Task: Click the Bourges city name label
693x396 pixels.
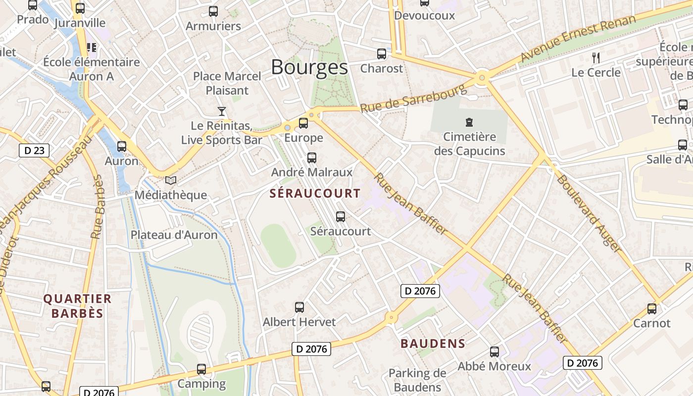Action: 309,67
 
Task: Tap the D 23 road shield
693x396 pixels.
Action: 34,150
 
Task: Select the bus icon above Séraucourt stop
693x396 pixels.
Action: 341,217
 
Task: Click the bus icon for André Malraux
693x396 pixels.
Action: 312,158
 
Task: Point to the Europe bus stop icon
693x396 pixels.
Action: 303,123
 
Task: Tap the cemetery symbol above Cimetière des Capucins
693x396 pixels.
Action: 469,122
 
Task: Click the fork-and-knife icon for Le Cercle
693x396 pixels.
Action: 596,58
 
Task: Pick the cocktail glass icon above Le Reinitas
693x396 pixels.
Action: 222,111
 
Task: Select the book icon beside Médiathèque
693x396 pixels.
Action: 171,181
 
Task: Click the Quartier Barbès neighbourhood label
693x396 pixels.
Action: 77,306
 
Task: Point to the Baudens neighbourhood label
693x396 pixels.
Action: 433,344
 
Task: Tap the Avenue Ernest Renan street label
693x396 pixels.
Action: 578,39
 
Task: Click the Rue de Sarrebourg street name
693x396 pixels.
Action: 413,98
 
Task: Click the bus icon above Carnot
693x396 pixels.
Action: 652,309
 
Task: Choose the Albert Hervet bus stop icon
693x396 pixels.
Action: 299,307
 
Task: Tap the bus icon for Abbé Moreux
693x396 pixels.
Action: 495,352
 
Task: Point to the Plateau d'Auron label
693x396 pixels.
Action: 174,235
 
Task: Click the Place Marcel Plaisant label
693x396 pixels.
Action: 227,83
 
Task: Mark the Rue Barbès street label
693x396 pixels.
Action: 97,207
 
